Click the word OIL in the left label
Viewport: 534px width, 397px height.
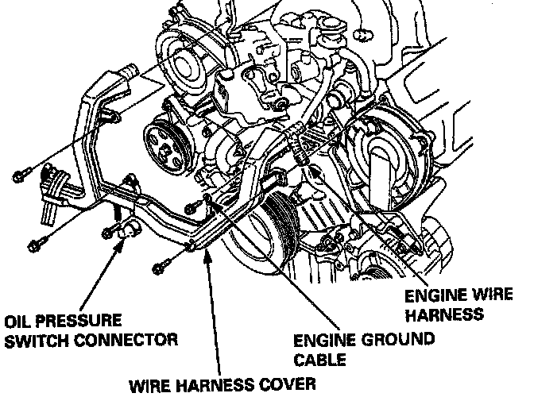pyautogui.click(x=20, y=322)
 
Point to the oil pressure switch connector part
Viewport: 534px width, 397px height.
pyautogui.click(x=127, y=231)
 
